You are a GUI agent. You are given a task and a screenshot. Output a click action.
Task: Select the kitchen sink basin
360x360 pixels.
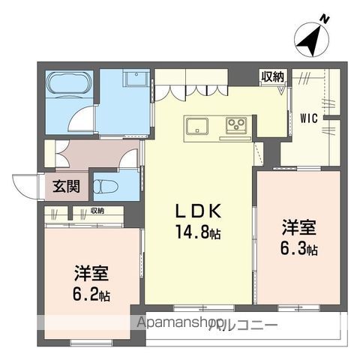[x=196, y=126]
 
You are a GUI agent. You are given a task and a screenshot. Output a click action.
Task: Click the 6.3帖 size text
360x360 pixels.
[x=299, y=249]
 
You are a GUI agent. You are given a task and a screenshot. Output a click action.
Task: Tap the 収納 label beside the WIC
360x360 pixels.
[x=273, y=76]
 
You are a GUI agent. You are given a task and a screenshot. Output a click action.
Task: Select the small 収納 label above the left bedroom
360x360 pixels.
[x=97, y=211]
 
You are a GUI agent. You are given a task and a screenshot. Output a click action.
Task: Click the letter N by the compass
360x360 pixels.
[x=325, y=19]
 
